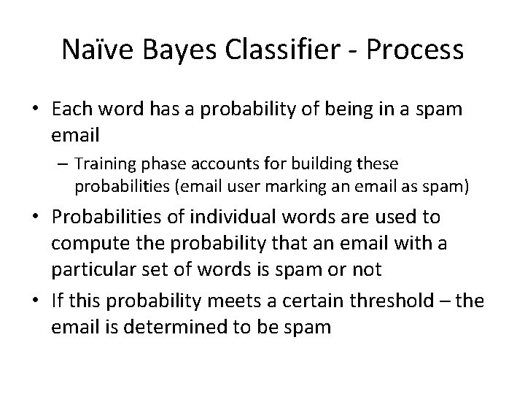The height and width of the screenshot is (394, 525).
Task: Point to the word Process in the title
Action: point(416,50)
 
